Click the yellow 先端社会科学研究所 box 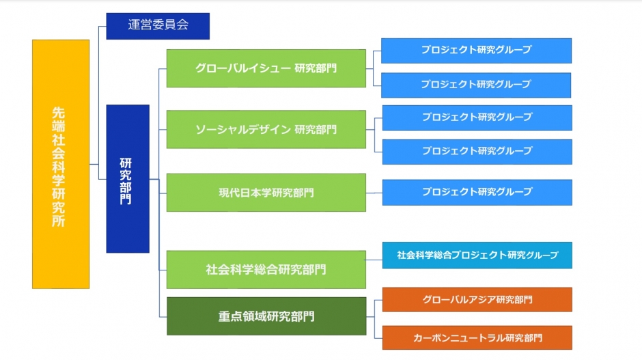[x=61, y=164]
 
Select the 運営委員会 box [x=158, y=26]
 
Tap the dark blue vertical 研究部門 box [x=128, y=178]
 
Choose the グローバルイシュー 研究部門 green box [x=266, y=68]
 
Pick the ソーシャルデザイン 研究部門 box [x=266, y=129]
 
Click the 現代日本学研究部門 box [x=266, y=193]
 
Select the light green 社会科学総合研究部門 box [x=266, y=270]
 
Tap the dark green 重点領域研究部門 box [x=266, y=316]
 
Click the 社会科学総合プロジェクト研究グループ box [x=477, y=255]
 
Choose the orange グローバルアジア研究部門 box [x=477, y=300]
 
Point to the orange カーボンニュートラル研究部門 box [x=477, y=338]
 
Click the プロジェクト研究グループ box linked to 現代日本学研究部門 [x=477, y=192]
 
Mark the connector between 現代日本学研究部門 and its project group [x=374, y=193]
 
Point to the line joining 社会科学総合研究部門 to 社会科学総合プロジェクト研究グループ [x=374, y=260]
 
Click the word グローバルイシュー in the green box [x=243, y=68]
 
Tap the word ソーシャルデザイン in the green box [x=243, y=129]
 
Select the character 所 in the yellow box [x=59, y=221]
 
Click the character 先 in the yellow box [x=59, y=113]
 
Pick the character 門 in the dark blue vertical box [x=126, y=199]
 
